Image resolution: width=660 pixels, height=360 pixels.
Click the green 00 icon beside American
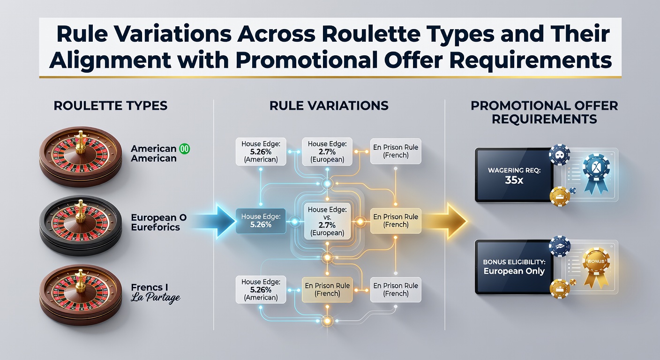[184, 149]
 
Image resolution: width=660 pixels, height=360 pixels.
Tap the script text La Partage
[155, 298]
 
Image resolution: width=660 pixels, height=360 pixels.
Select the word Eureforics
[155, 227]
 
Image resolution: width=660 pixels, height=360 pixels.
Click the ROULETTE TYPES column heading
[111, 106]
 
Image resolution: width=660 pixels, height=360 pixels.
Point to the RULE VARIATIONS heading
[329, 106]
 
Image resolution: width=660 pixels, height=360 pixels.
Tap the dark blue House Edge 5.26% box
[261, 221]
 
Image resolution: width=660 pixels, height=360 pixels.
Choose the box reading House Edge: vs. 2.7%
[327, 221]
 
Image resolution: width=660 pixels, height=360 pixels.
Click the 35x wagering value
[514, 180]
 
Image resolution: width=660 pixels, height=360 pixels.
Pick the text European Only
[514, 271]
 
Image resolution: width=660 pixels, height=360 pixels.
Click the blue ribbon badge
[596, 173]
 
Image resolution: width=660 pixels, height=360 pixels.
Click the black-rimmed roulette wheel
[81, 225]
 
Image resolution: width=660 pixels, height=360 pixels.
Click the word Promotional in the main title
[307, 60]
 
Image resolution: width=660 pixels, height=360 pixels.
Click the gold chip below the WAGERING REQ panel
[560, 196]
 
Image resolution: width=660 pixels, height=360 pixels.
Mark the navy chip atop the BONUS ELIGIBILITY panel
[560, 246]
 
